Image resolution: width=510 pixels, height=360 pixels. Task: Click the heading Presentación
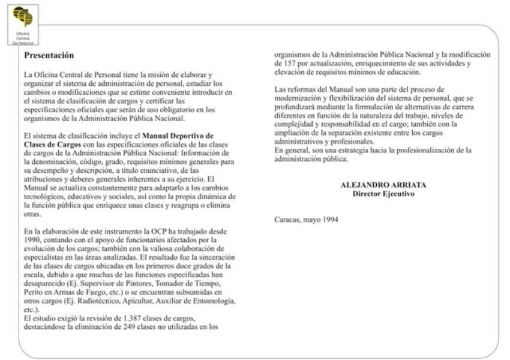(x=49, y=55)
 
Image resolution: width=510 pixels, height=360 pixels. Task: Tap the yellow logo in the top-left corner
(x=23, y=17)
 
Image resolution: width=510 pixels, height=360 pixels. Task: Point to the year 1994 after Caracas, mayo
(x=329, y=219)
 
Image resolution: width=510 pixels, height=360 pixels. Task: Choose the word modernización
(x=298, y=98)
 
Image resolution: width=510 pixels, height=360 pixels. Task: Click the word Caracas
(x=287, y=219)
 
